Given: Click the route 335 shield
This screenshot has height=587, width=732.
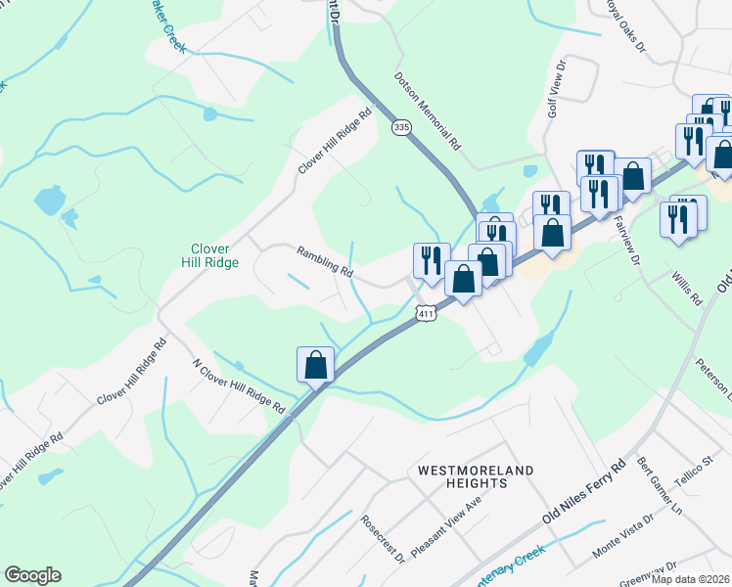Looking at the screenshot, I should pos(399,128).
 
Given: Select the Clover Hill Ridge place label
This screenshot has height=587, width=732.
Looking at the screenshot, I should pos(210,255).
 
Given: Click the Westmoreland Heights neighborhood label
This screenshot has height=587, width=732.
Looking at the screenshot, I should pos(476,478).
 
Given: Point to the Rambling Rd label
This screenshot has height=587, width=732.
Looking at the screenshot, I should pos(325,261).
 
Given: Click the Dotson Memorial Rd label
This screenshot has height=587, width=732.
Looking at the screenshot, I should pos(428,109).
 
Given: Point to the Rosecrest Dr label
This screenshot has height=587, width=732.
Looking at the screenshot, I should pos(382,540).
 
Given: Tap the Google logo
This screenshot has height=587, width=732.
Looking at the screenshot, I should pos(32,575).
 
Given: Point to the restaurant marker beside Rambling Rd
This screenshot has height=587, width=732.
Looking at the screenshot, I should pos(432,259).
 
